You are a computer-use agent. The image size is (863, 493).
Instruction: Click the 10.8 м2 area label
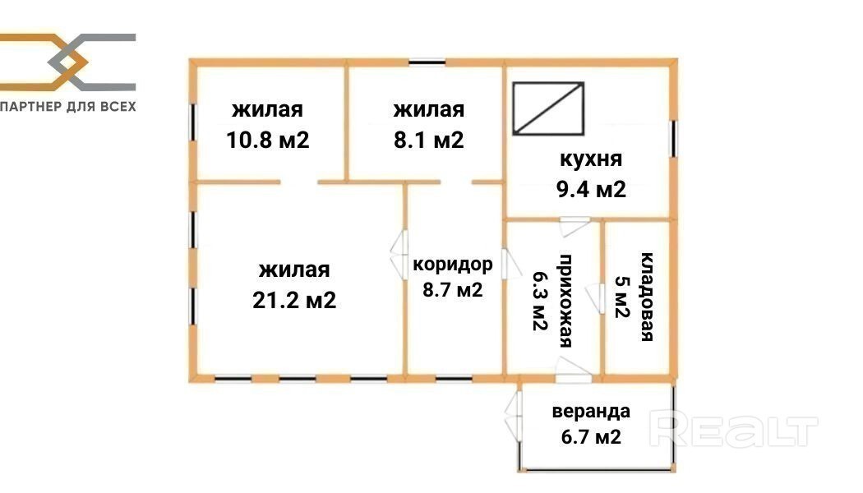268,140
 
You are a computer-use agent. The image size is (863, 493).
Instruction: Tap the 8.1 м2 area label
429,140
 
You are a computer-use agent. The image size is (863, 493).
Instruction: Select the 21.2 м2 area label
294,300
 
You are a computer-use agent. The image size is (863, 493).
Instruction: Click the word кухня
591,159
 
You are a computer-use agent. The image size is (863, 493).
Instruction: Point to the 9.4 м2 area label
591,189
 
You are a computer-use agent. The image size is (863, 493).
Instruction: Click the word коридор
452,265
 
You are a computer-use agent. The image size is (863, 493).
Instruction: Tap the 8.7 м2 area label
452,289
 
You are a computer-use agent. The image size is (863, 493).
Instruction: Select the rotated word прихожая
566,301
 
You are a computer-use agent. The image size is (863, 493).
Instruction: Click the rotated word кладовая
648,297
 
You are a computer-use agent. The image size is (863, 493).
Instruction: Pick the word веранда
591,412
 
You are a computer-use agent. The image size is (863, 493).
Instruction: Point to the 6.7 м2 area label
591,437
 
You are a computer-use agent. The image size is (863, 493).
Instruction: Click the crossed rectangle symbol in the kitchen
548,108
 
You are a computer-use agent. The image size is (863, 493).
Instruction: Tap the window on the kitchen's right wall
673,137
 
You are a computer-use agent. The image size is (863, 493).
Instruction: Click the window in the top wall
427,62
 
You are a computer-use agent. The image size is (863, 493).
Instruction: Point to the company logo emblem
67,62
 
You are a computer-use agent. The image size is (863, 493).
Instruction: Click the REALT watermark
734,431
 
